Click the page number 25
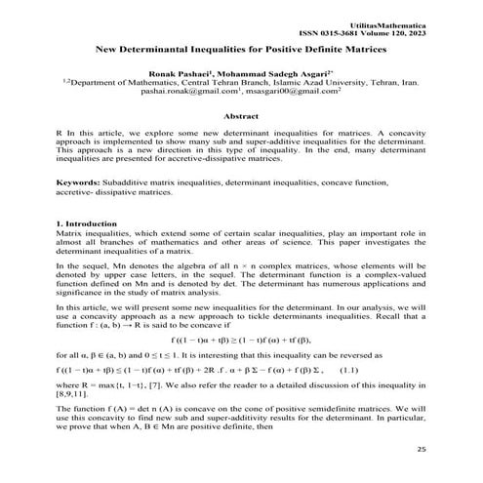pyautogui.click(x=422, y=449)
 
